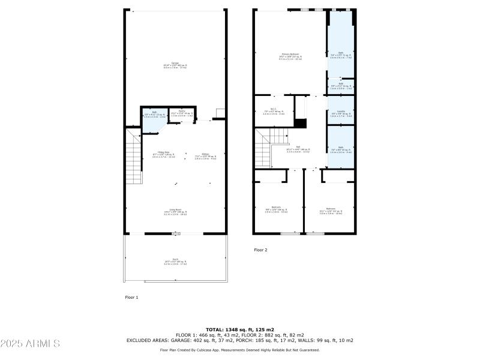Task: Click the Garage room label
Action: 175,66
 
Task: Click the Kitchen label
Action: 205,155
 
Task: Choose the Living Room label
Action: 175,212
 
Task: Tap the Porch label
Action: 175,261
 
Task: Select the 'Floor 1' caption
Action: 131,297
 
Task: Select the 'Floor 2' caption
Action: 260,250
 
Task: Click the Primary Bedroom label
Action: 290,57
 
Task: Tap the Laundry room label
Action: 341,112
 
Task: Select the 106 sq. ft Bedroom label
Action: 276,209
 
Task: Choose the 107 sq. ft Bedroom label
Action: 331,210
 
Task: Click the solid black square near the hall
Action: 300,124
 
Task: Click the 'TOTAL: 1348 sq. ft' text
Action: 240,329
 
